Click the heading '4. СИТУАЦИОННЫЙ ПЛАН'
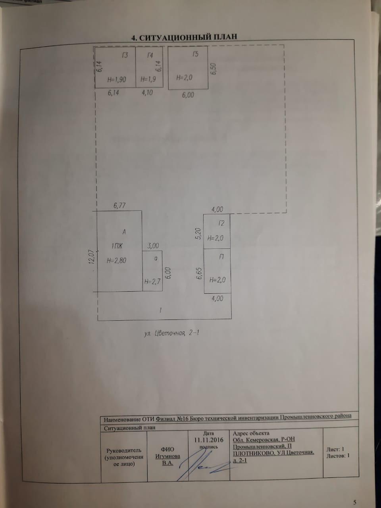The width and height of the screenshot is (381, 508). click(x=184, y=37)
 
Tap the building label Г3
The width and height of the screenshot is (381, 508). click(x=125, y=56)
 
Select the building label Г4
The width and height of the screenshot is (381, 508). click(x=150, y=56)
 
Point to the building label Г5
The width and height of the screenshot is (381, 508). click(x=196, y=54)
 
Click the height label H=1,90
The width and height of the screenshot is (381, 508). click(x=117, y=80)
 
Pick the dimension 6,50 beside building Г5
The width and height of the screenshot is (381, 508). click(x=213, y=69)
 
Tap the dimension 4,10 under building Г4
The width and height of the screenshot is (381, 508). click(x=147, y=93)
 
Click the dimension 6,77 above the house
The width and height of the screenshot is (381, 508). click(x=119, y=206)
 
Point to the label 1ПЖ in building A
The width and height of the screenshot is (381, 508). click(x=117, y=246)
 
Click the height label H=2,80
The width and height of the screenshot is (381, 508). click(x=117, y=261)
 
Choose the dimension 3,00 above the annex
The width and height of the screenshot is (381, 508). click(x=153, y=246)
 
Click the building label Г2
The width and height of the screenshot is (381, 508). click(x=221, y=223)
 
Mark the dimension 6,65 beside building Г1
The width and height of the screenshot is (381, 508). click(x=200, y=274)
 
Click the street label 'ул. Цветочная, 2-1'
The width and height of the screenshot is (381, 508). click(x=171, y=333)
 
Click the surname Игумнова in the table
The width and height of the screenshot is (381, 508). click(x=168, y=456)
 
